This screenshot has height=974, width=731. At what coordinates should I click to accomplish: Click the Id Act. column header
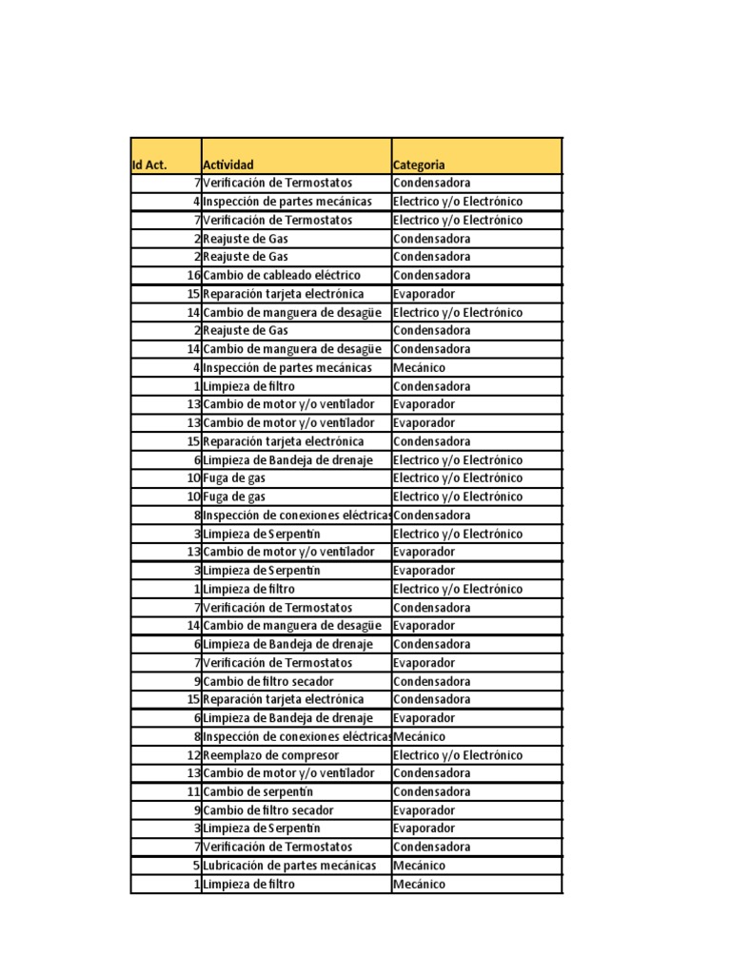tap(149, 165)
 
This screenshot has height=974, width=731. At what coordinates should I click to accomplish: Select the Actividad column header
tap(228, 165)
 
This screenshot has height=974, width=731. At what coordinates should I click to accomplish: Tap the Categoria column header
tap(419, 165)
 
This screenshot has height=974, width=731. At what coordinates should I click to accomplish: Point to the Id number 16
tap(192, 275)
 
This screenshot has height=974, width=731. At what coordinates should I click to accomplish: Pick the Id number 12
tap(192, 755)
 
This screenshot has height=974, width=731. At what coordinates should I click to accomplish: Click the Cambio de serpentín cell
tap(258, 792)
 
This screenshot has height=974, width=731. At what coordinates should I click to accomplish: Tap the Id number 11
tap(192, 792)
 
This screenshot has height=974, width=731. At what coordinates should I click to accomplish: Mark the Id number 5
tap(196, 866)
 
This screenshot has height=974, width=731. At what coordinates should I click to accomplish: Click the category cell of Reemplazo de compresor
tap(458, 755)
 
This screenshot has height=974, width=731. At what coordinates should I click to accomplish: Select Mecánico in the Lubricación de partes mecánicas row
tap(419, 866)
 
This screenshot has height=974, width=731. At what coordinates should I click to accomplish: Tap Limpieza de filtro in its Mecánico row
tap(248, 885)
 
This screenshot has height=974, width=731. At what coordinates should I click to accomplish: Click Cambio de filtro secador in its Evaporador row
tap(268, 810)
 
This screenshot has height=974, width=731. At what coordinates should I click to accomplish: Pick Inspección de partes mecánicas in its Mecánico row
tap(286, 367)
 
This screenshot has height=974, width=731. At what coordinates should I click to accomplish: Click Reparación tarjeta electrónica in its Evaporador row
tap(284, 294)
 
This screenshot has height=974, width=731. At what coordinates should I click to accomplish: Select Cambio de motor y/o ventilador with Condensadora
tap(288, 773)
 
